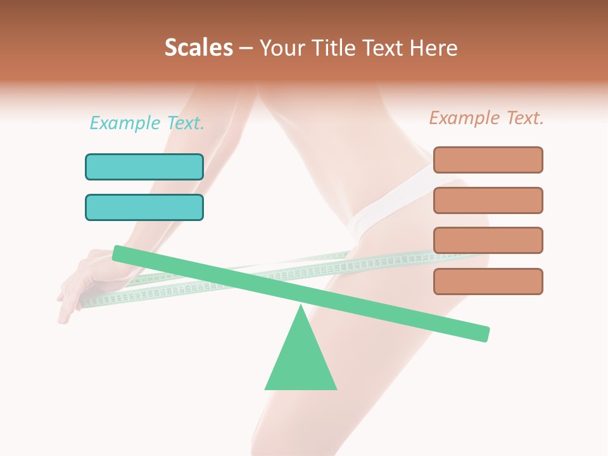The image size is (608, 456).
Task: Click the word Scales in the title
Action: [198, 48]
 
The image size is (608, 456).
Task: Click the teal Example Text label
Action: [147, 123]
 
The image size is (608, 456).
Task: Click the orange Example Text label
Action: [486, 118]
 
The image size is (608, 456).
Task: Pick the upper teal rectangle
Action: [144, 167]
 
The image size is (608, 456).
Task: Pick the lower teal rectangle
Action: [144, 207]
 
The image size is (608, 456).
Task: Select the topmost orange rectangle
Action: [488, 160]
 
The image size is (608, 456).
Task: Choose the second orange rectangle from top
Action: [488, 200]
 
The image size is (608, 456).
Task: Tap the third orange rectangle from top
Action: [488, 240]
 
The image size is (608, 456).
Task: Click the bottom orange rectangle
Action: [488, 281]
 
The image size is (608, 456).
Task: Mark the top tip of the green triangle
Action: [301, 307]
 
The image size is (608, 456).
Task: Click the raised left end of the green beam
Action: [118, 253]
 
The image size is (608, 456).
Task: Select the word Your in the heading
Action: [281, 48]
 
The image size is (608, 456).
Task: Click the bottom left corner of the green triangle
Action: [266, 388]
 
